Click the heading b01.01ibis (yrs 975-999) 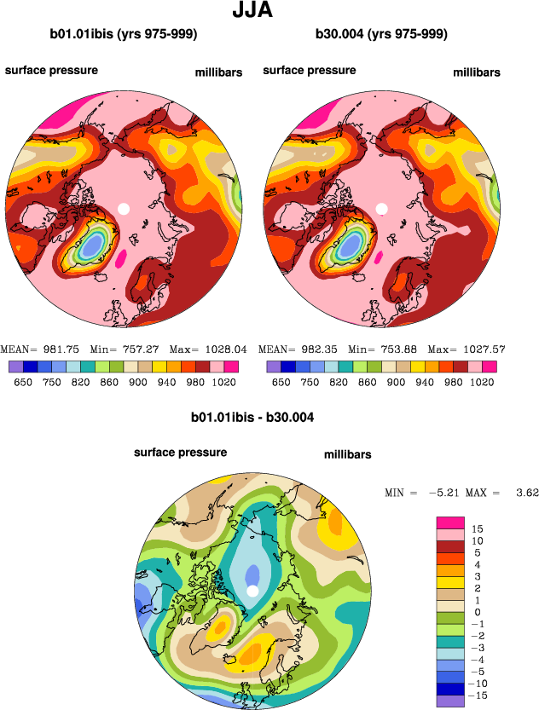tap(124, 35)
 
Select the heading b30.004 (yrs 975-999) tap(381, 35)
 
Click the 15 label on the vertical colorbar tap(477, 528)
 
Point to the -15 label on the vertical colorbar tap(480, 696)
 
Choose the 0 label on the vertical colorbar tap(477, 612)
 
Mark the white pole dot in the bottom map tap(252, 592)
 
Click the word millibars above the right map tap(477, 72)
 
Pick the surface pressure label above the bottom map tap(180, 453)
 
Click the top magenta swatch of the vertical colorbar tap(449, 522)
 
